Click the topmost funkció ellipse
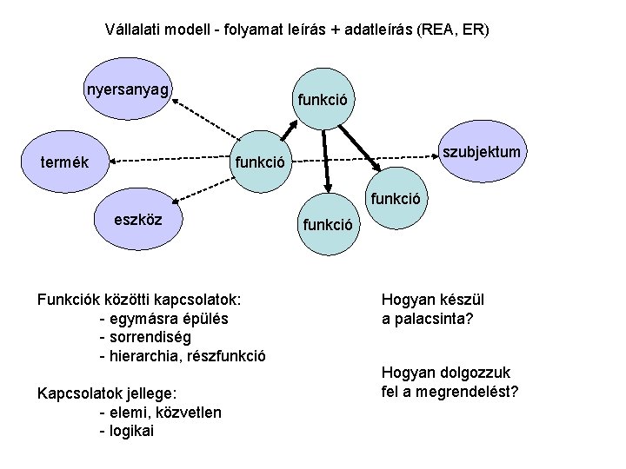pos(323,100)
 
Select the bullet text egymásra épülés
pos(164,319)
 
